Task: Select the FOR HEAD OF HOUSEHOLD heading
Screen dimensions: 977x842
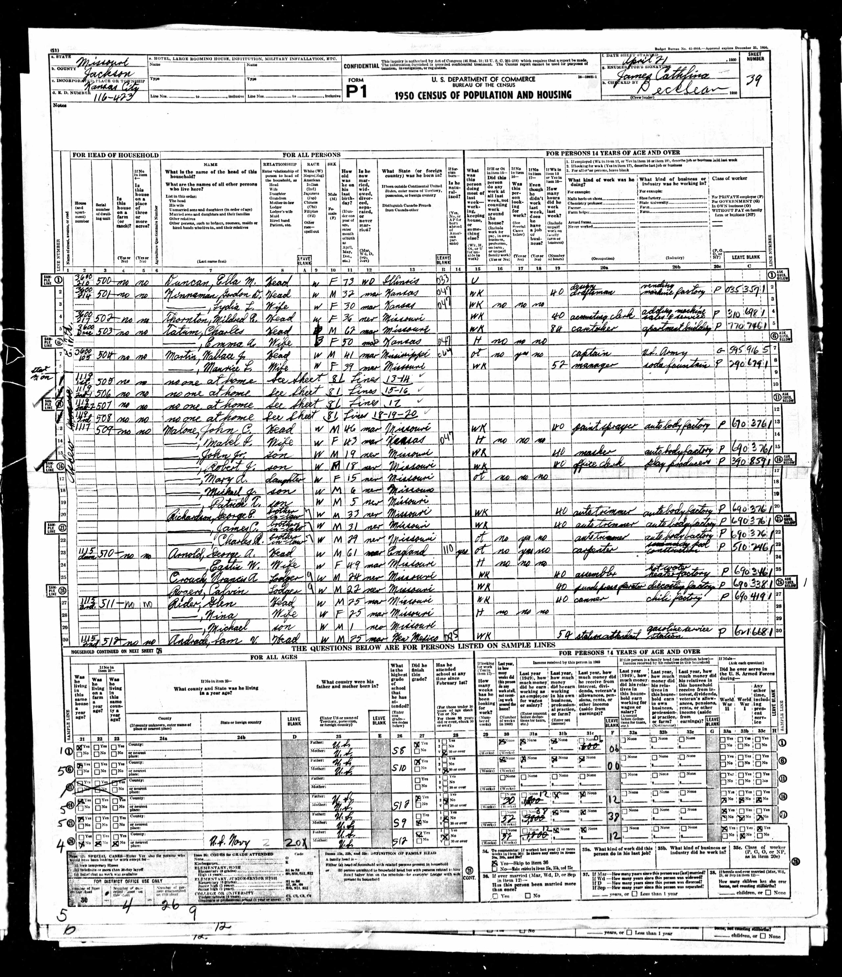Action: tap(115, 155)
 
